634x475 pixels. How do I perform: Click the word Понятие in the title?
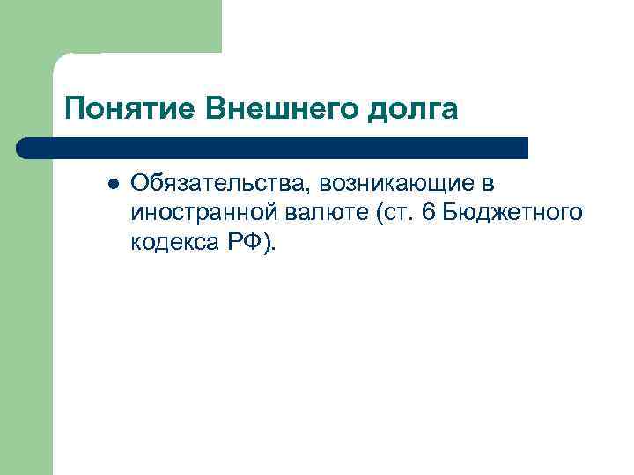129,110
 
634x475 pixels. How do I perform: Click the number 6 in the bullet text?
430,212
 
